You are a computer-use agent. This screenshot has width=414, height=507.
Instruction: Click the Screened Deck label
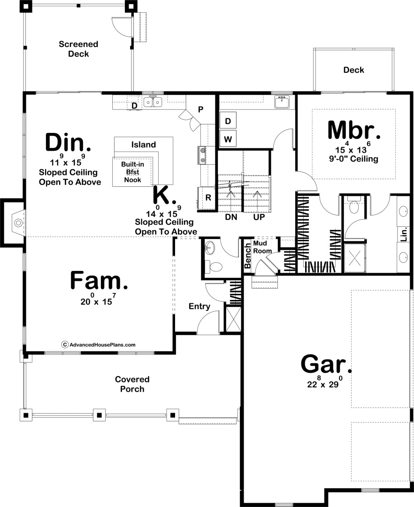coord(78,49)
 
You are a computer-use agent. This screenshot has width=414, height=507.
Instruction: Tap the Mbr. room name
coord(354,130)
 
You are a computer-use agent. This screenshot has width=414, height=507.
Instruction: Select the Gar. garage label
coord(326,364)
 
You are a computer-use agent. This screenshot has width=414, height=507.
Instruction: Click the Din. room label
coord(68,143)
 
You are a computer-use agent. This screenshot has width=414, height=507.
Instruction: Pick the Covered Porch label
coord(132,384)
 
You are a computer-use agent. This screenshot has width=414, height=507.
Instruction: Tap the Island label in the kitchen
coord(144,145)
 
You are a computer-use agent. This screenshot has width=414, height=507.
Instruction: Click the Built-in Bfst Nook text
coord(132,172)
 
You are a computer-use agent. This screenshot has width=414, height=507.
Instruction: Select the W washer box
coord(228,139)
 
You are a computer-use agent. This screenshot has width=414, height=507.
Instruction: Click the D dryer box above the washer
coord(228,121)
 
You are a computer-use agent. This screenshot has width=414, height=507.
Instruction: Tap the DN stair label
coord(231,217)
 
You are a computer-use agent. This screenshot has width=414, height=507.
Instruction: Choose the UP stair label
coord(259,217)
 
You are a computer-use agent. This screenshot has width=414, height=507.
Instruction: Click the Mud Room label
coord(262,247)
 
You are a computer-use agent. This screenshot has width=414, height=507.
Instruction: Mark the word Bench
coord(247,256)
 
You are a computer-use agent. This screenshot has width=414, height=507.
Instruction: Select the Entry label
coord(199,306)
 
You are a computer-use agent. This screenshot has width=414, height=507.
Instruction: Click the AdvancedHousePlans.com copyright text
coord(99,345)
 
